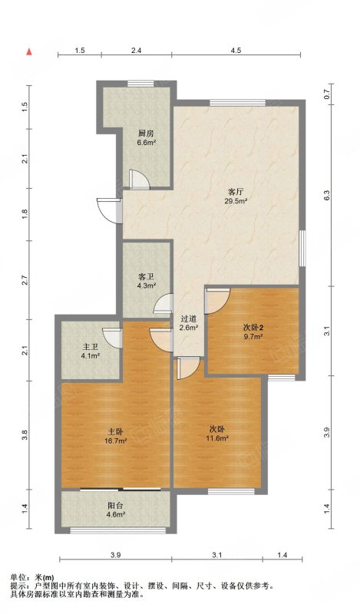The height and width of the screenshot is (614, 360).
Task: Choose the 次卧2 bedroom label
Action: click(253, 327)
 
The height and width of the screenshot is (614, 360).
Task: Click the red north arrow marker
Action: click(29, 52)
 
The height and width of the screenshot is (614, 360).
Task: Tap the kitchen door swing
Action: click(140, 180)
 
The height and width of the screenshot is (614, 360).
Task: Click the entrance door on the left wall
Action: click(110, 210)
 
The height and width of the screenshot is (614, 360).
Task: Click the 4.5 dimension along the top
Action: click(236, 51)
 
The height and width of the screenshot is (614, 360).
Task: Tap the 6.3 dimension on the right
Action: click(328, 195)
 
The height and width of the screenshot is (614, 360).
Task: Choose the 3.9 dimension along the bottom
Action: click(115, 554)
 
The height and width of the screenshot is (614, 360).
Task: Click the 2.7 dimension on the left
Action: click(25, 280)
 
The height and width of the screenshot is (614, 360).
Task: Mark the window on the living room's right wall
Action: click(302, 249)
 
